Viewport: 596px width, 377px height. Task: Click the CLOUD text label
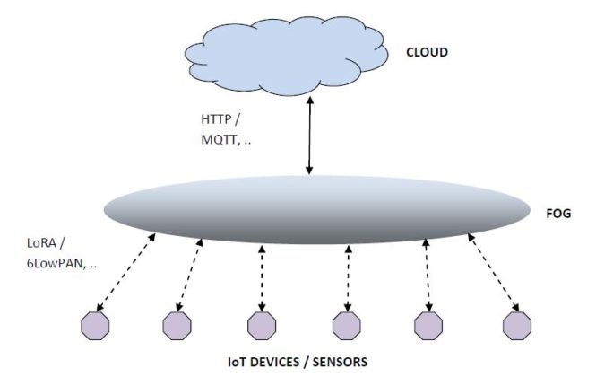coord(426,52)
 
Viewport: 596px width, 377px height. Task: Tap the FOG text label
coord(557,215)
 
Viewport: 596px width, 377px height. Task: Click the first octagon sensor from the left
coord(94,326)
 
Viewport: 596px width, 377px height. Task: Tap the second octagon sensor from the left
coord(177,326)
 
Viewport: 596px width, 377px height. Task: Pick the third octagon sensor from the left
coord(262,326)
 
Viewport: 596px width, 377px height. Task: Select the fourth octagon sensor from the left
coord(346,326)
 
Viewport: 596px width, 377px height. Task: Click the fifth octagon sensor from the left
coord(429,326)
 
